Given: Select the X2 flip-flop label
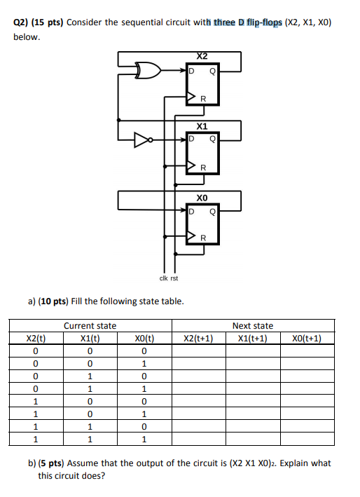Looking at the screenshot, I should point(202,55).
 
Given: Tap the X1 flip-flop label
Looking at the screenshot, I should point(202,127).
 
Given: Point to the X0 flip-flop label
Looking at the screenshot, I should point(202,198).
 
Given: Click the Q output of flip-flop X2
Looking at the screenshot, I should point(212,70).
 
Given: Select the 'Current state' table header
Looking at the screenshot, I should point(90,326).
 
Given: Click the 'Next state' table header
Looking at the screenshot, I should point(253,326).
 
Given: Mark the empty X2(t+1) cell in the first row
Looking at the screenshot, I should point(198,350).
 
